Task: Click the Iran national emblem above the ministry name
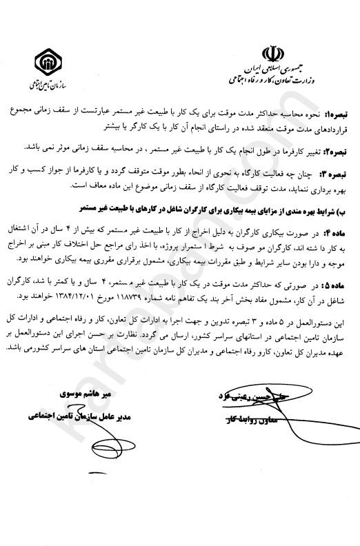[272, 54]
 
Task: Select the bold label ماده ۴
[341, 225]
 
